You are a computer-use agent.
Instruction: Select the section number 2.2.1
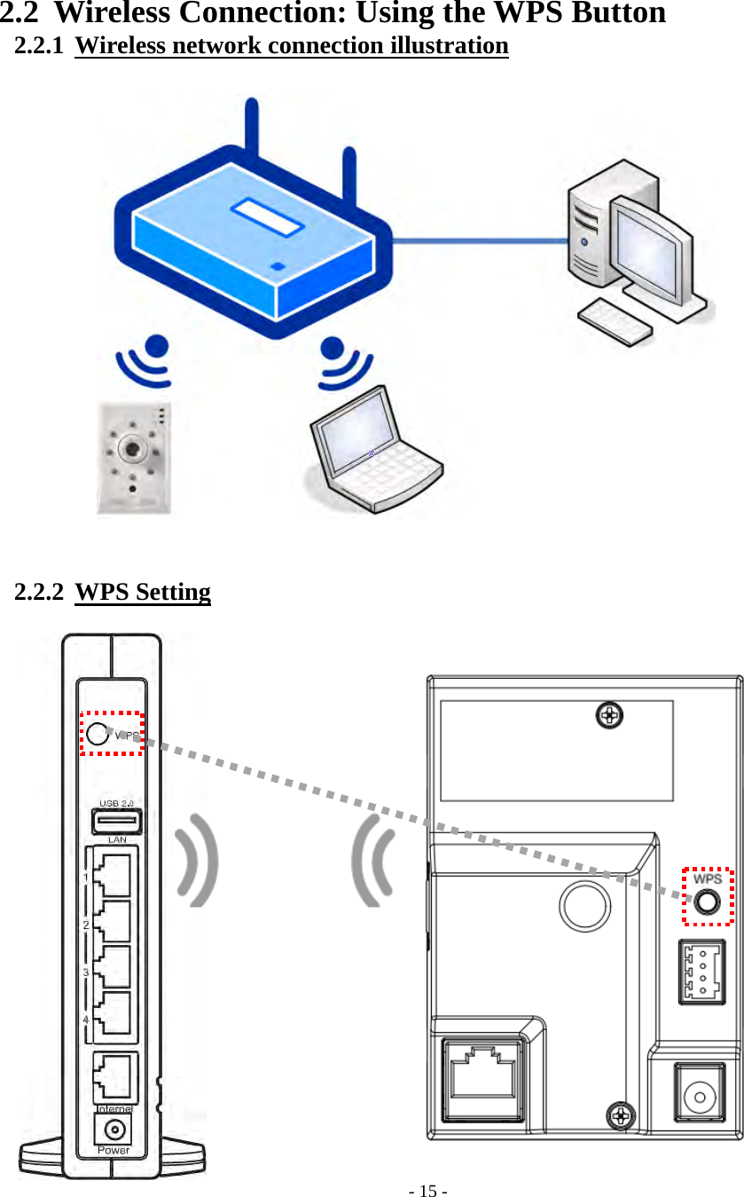tap(39, 46)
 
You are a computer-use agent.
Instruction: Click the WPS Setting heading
tap(143, 592)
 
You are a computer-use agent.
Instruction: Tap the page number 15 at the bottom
tap(428, 1191)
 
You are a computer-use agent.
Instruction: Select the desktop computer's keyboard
tap(615, 321)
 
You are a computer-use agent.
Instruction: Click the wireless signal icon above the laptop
tap(341, 361)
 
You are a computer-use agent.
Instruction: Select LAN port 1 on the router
tap(113, 873)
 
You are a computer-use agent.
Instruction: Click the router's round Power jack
tap(114, 1130)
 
